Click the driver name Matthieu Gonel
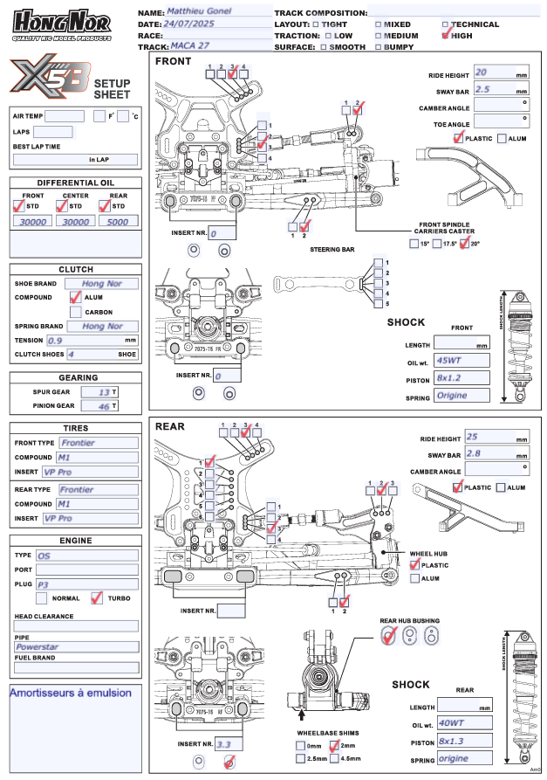[206, 12]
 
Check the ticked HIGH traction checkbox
[447, 36]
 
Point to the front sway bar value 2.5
[482, 89]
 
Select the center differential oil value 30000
[76, 222]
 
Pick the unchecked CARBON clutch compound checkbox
[76, 312]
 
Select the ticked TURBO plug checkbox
[97, 599]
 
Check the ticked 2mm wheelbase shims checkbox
[335, 746]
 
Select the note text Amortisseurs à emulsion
[71, 693]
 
